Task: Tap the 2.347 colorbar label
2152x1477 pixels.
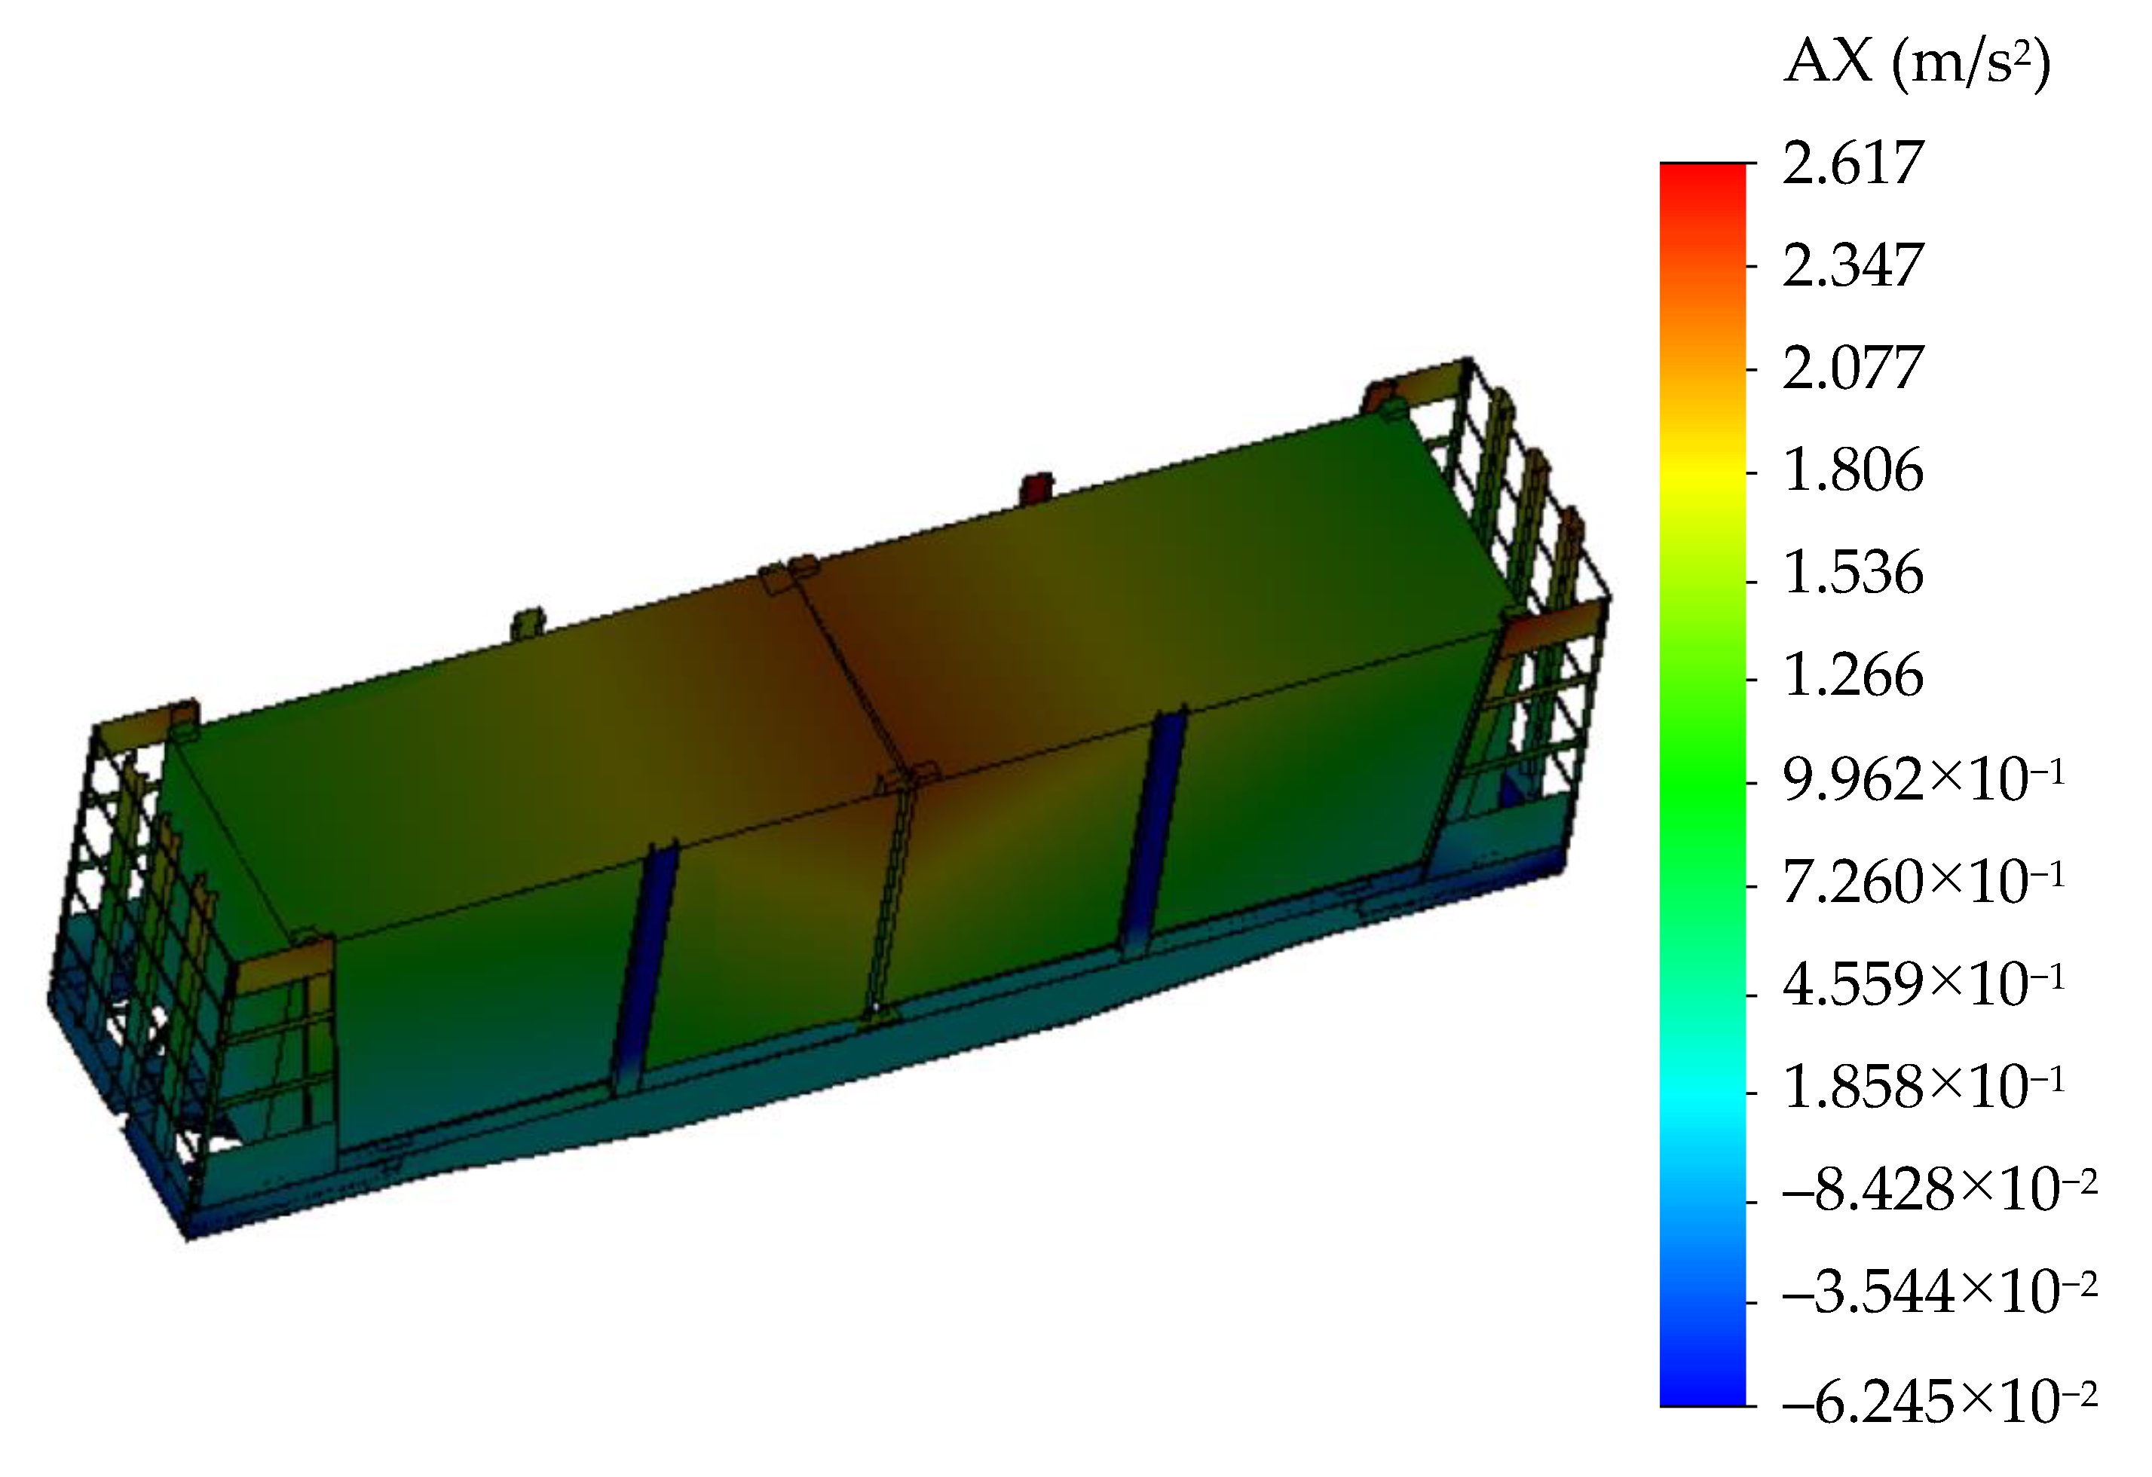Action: pyautogui.click(x=1853, y=266)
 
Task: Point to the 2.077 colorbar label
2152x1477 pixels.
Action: pyautogui.click(x=1853, y=368)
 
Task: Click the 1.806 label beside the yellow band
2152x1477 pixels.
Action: pyautogui.click(x=1853, y=471)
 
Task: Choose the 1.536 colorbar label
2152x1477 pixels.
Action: pyautogui.click(x=1853, y=573)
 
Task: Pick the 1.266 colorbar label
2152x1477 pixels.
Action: pyautogui.click(x=1853, y=676)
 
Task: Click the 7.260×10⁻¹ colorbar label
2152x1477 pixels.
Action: pyautogui.click(x=1924, y=882)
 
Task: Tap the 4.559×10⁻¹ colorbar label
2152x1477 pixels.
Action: pyautogui.click(x=1924, y=983)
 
